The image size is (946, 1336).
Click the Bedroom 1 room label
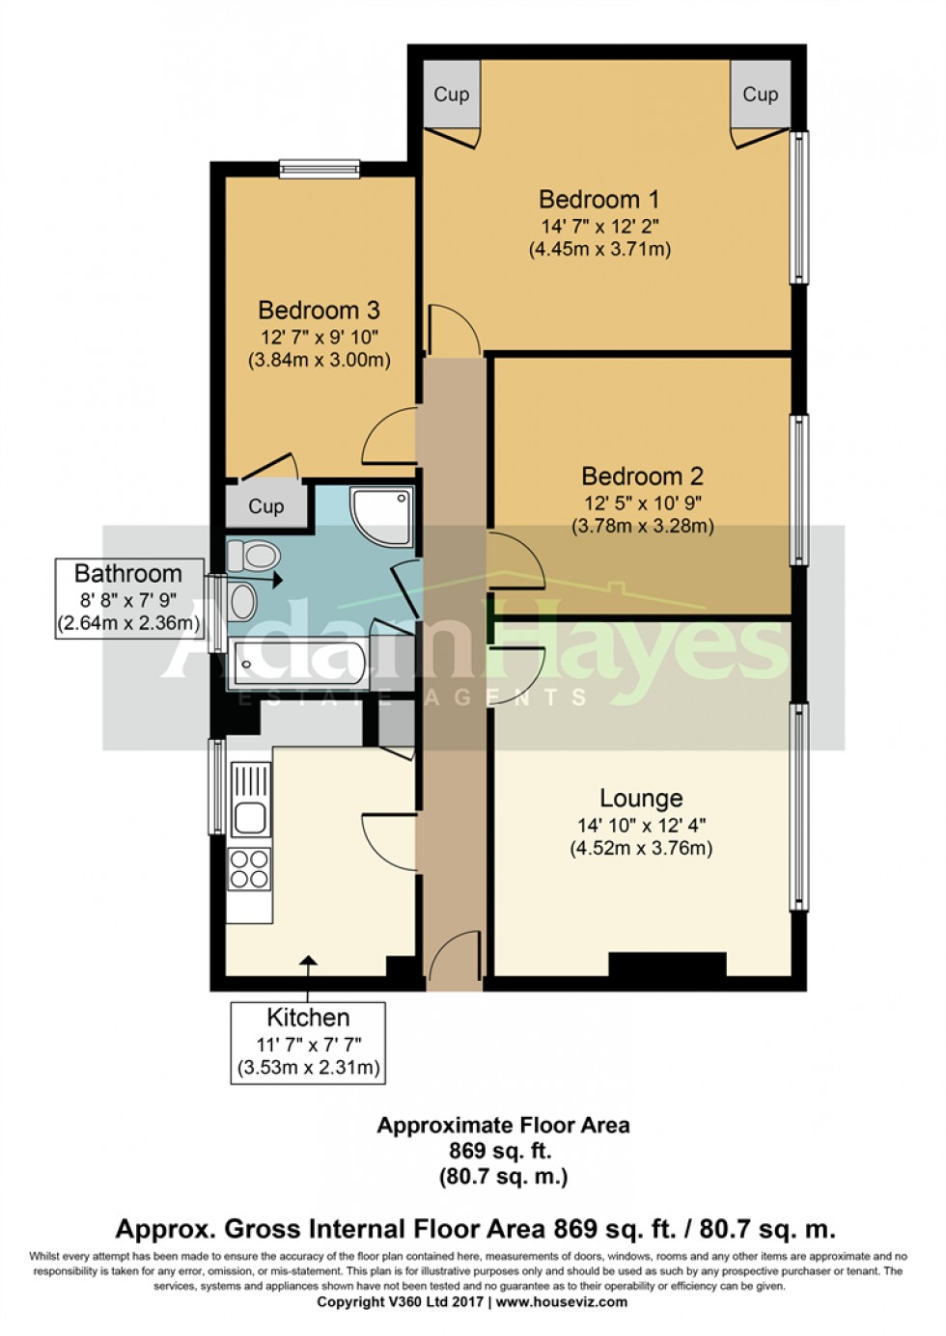(598, 200)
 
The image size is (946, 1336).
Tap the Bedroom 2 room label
(642, 477)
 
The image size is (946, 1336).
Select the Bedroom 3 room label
(319, 311)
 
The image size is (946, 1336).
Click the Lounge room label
(641, 799)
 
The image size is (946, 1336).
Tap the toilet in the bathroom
(253, 556)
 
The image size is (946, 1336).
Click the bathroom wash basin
(243, 602)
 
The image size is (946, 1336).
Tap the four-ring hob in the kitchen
(249, 868)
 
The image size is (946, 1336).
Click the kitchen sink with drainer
(250, 799)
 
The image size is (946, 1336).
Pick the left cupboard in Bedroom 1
(451, 95)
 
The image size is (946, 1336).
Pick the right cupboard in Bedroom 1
(760, 95)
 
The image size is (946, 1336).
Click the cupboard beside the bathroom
(266, 506)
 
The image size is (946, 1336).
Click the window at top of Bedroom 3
(320, 168)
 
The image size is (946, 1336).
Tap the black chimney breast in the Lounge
(666, 965)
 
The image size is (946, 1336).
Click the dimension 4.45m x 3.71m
(599, 249)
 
